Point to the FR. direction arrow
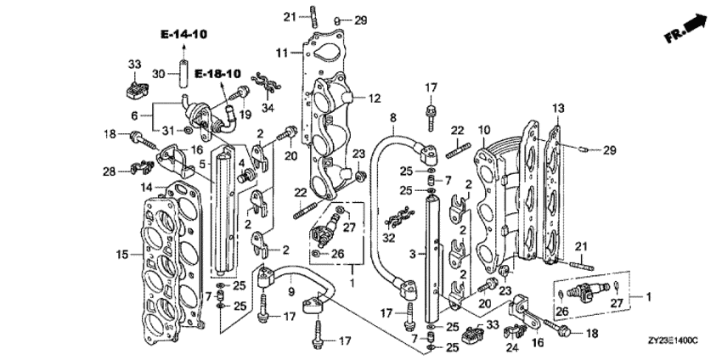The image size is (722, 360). point(686,27)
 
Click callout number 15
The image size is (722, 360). point(120,254)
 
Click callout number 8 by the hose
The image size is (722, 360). point(392,117)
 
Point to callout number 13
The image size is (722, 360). point(557,108)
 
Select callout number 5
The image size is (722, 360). point(202,164)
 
